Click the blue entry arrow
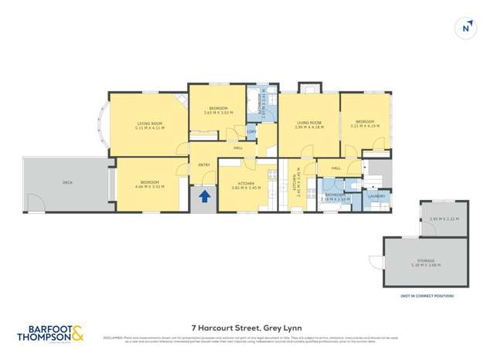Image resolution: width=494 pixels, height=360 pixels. pyautogui.click(x=205, y=196)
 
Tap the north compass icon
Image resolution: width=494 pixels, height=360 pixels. pyautogui.click(x=465, y=28)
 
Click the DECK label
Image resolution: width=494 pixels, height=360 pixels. pyautogui.click(x=67, y=183)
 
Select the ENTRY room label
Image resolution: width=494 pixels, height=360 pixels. pyautogui.click(x=204, y=165)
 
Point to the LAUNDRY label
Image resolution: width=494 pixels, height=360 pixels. pyautogui.click(x=376, y=196)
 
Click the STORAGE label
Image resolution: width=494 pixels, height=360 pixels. pyautogui.click(x=427, y=261)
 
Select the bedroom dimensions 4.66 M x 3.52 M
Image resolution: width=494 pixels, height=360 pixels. pyautogui.click(x=147, y=187)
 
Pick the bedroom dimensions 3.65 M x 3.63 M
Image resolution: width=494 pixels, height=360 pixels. pyautogui.click(x=217, y=114)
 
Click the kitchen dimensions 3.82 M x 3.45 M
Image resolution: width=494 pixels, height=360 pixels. pyautogui.click(x=246, y=188)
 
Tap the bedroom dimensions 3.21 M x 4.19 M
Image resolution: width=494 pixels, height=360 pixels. pyautogui.click(x=365, y=126)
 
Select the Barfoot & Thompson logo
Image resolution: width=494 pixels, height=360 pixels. pyautogui.click(x=50, y=333)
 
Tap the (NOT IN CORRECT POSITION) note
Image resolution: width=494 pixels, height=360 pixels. pyautogui.click(x=426, y=296)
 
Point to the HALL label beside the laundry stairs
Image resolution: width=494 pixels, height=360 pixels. pyautogui.click(x=336, y=168)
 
